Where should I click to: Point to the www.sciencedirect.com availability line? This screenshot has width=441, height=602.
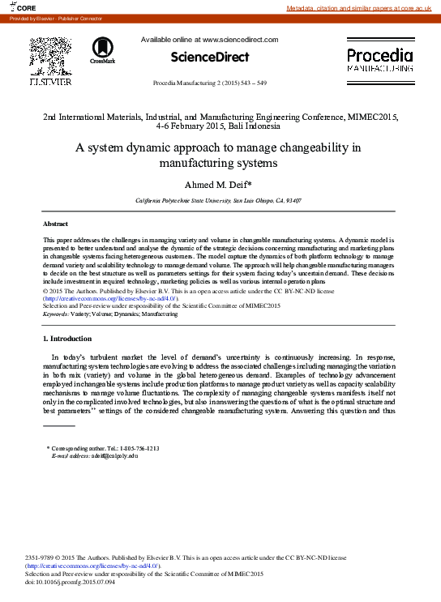pos(209,39)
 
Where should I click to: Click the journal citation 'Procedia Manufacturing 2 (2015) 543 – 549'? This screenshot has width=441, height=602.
pos(209,84)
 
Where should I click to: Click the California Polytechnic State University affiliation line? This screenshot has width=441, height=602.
pos(218,200)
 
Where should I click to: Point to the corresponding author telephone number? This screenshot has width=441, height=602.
pos(140,448)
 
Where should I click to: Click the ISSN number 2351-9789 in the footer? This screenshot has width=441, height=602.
pos(43,558)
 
